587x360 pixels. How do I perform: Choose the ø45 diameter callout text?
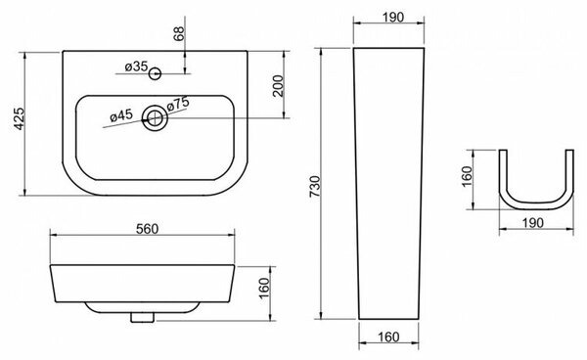121,115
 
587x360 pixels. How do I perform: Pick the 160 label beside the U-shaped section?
468,177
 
